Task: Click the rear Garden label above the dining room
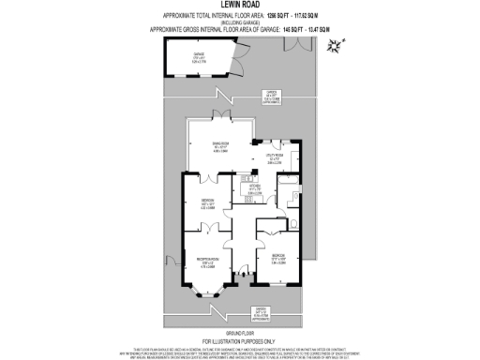(269, 96)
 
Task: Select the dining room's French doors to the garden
(222, 118)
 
